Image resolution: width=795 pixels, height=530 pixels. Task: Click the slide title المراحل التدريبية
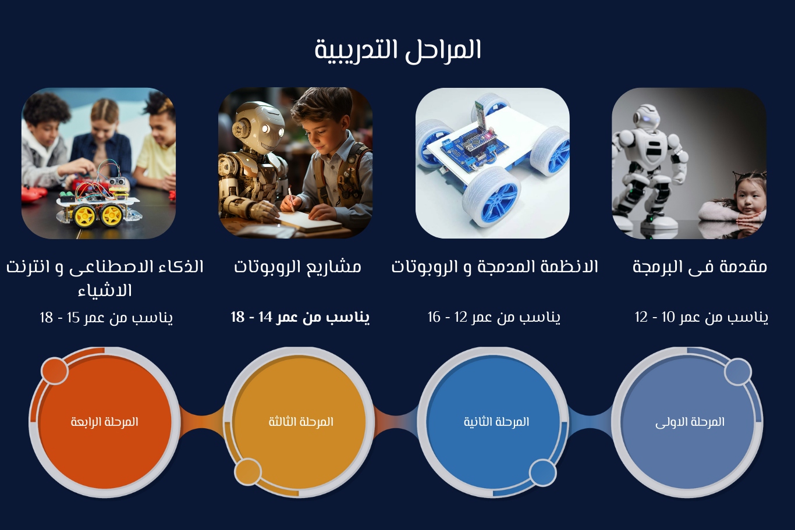[x=397, y=51]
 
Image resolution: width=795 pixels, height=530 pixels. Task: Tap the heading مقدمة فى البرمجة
[x=700, y=267]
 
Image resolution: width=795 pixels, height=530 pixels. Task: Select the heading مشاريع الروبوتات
[x=297, y=267]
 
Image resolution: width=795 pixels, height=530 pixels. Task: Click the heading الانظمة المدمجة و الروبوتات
[x=494, y=267]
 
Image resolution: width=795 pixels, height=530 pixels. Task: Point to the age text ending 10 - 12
[x=701, y=317]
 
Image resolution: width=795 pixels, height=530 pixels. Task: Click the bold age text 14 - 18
[x=300, y=317]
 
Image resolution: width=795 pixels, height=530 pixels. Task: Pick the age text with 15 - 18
[x=106, y=318]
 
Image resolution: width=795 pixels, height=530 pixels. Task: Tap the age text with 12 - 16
[x=494, y=317]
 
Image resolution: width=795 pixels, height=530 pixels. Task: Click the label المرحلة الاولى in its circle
[x=690, y=422]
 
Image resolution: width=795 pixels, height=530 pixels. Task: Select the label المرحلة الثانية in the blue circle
[x=496, y=422]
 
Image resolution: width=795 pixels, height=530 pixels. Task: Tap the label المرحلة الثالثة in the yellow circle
[x=301, y=422]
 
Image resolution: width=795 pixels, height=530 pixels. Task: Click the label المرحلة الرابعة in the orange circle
[x=104, y=422]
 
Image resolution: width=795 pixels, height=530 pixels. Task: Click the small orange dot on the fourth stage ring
[x=55, y=371]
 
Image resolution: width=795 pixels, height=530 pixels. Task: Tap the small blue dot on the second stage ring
[x=542, y=473]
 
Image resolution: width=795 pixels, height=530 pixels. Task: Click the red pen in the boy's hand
[x=291, y=199]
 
